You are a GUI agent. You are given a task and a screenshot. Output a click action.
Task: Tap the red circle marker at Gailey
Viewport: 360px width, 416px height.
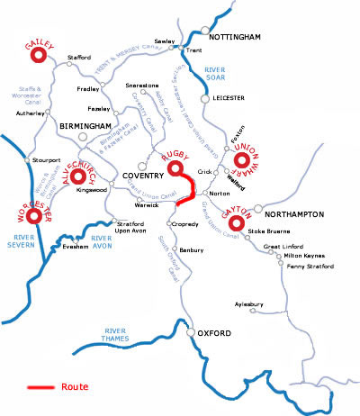(39, 57)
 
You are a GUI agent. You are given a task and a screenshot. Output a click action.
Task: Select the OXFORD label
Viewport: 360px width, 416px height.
(214, 335)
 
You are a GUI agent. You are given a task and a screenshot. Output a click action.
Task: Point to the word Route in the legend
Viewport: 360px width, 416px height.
(75, 387)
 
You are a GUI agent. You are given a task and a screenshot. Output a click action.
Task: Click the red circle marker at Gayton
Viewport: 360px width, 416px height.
(237, 222)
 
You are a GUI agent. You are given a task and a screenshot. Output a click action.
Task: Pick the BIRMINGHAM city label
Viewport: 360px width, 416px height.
(85, 127)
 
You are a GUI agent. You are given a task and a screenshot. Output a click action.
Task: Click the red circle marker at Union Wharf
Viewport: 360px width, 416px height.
(246, 164)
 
